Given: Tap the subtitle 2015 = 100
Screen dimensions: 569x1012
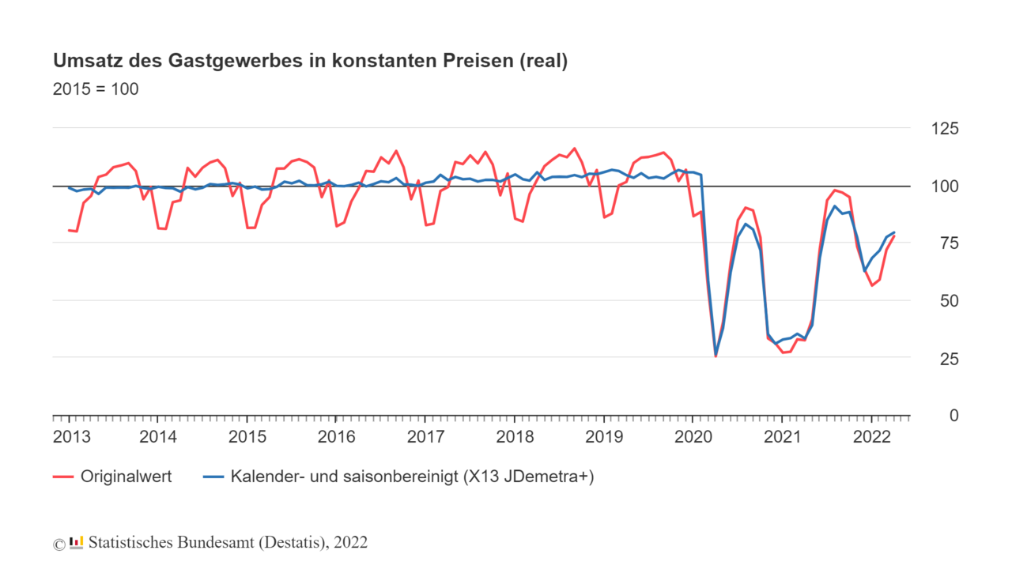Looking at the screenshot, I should [96, 89].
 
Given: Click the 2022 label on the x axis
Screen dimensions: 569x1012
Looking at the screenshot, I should [871, 436].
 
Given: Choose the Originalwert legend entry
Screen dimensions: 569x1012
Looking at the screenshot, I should [126, 477].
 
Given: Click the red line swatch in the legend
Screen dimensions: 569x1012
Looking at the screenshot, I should [63, 477].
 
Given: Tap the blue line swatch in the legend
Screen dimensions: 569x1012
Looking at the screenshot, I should [213, 477].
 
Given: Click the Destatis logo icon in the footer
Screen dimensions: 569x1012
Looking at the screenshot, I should [77, 542].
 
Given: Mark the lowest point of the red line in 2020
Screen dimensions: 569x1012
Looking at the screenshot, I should [716, 356].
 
